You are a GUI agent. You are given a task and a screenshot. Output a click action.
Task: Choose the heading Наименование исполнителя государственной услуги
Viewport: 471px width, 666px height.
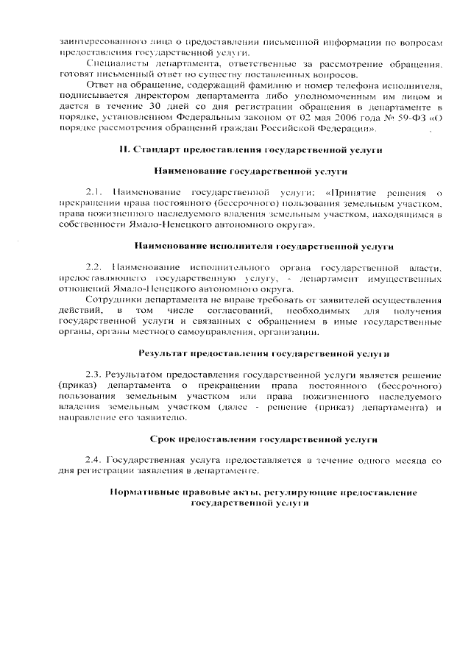264,244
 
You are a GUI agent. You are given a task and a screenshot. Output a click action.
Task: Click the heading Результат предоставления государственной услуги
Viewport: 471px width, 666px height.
264,354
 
